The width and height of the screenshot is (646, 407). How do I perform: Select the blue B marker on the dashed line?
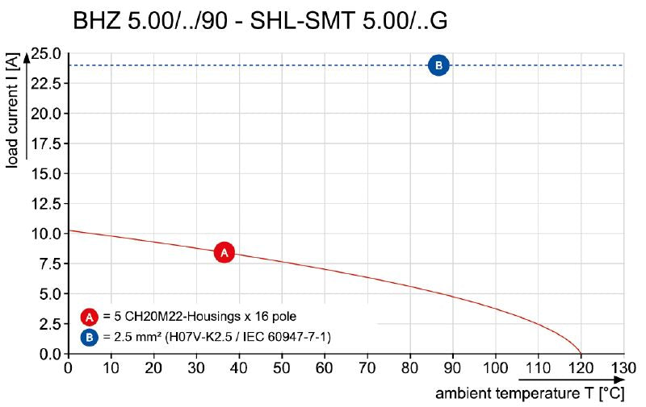(x=438, y=65)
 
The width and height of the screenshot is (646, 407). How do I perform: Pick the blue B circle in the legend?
(x=90, y=336)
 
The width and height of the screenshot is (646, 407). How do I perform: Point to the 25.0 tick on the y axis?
(x=46, y=54)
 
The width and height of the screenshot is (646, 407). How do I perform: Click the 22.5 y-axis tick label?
(x=46, y=84)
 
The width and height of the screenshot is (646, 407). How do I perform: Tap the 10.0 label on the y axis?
(x=46, y=234)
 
